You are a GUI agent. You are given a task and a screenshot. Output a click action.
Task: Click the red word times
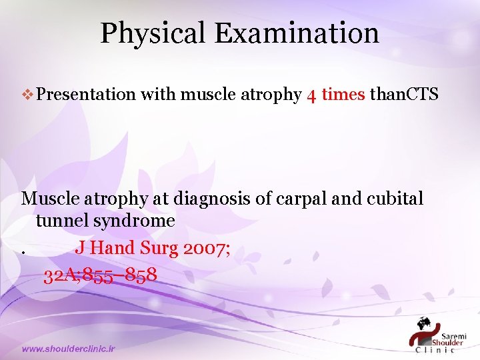pos(343,95)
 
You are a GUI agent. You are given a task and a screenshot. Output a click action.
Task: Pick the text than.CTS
pos(404,95)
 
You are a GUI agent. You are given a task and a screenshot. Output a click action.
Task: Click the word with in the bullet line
pos(158,95)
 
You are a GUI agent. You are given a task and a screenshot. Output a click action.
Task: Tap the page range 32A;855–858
pos(100,274)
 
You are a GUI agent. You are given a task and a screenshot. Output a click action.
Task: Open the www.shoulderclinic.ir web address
pos(69,349)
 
